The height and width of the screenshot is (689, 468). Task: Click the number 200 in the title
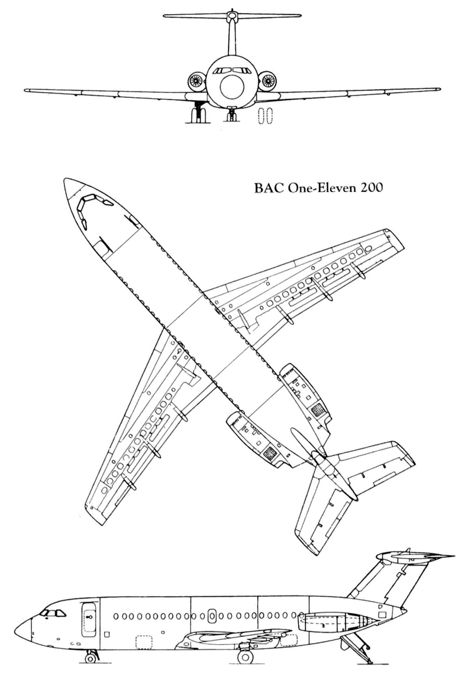[371, 188]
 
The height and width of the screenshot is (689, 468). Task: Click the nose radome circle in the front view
[232, 87]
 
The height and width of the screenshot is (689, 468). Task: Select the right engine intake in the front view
[268, 81]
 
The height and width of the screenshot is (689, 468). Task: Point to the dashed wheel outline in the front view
[266, 116]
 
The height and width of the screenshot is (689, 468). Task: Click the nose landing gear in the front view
[232, 114]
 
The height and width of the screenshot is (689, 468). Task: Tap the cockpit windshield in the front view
[232, 71]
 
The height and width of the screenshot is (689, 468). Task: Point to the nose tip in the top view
[67, 180]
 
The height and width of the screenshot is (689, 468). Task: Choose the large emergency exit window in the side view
[212, 616]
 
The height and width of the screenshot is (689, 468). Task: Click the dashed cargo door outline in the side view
[144, 642]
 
